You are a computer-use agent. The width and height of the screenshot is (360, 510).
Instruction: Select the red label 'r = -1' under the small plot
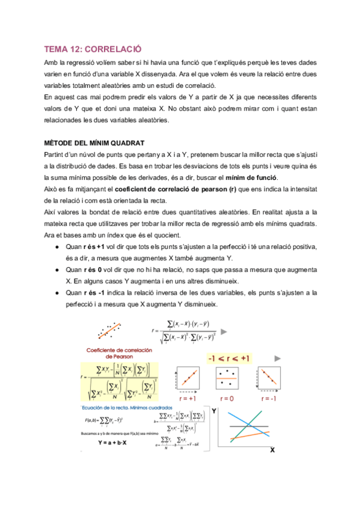(266, 398)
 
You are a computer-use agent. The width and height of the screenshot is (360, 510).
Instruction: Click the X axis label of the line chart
(272, 449)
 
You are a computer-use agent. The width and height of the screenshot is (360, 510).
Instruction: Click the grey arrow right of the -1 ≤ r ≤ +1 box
(277, 358)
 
